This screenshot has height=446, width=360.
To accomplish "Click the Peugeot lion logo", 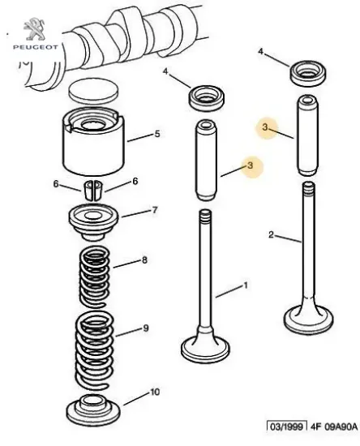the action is coord(34,28).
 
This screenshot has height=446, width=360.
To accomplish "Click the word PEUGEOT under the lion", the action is coord(35,47).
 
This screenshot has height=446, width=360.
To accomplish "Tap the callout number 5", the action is coord(157,134).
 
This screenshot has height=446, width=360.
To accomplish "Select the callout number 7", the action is coord(154,210).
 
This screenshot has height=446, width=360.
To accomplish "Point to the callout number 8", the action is coord(144,260).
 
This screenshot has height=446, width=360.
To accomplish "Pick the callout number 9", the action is coord(146,328).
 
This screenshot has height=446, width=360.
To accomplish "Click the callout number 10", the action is coord(155,392).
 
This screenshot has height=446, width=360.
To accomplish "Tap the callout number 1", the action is coord(246,285).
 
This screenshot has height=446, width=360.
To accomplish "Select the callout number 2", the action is coord(271,234).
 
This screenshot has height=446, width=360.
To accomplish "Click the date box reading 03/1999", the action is coord(287,427).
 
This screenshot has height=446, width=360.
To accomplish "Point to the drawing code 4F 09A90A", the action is coord(333,427).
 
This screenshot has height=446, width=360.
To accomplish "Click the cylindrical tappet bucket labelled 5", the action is coord(93,142).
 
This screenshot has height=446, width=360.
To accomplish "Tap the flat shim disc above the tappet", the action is coord(93,91).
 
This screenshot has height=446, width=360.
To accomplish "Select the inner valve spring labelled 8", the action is coord(94,277).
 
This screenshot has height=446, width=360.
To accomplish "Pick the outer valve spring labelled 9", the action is coord(94,350).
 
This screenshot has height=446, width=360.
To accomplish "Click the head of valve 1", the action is coord(205,348).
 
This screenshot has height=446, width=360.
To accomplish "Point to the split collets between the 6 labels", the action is coord(93,191).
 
